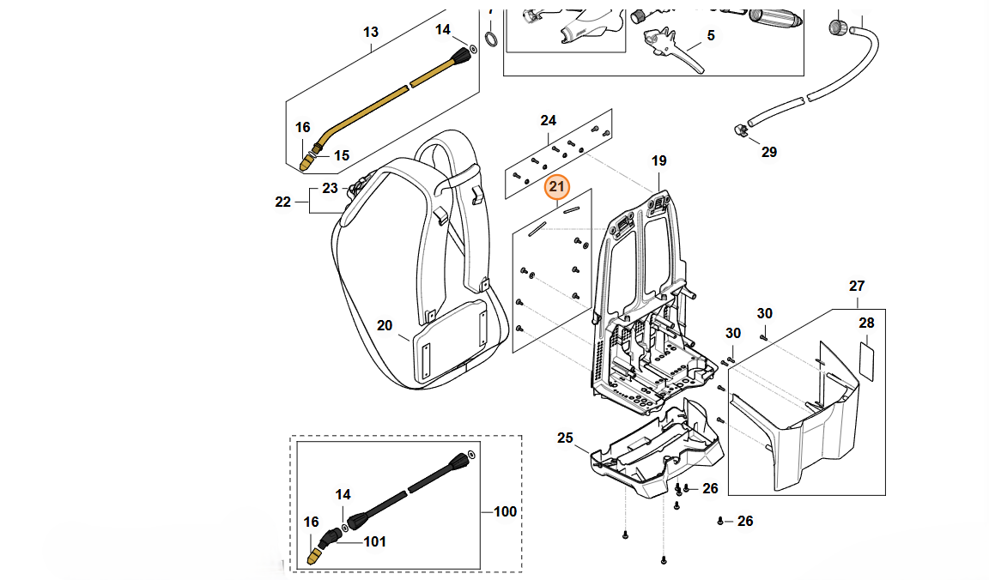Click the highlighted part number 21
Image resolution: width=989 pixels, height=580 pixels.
558,187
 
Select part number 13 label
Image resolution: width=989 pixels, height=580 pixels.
370,33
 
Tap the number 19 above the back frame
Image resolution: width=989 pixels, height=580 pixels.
658,160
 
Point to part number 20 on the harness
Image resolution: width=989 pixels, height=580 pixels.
385,325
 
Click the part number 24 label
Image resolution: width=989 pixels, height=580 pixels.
549,120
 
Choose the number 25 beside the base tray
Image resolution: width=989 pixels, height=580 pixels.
565,438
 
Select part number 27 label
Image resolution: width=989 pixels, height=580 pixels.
857,286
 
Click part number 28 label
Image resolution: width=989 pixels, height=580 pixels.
866,323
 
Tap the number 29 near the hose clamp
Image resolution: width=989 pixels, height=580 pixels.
768,152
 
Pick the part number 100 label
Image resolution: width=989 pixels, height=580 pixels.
506,512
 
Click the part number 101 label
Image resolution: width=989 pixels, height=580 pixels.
374,541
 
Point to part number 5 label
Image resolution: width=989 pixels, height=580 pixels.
710,36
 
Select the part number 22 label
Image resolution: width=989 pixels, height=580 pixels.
283,202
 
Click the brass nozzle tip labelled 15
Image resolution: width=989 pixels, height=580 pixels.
308,159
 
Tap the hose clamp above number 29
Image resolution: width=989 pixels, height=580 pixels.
737,130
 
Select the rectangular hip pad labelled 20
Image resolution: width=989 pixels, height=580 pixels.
450,341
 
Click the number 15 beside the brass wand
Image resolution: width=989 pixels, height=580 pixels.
342,155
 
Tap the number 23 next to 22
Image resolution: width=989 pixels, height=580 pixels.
330,188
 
